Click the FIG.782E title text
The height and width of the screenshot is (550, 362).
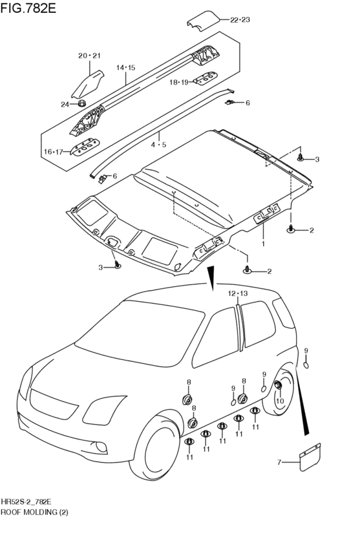(x=28, y=8)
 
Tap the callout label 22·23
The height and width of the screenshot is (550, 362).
(x=240, y=19)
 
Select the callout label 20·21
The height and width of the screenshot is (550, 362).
(x=89, y=56)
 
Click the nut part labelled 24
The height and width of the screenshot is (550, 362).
(x=82, y=103)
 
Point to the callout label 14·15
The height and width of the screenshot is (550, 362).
(x=126, y=68)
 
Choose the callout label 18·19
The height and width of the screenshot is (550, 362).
(x=179, y=83)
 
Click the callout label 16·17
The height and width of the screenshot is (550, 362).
(x=53, y=152)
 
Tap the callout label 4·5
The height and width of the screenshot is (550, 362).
(x=158, y=144)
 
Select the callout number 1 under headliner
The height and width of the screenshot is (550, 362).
(x=262, y=243)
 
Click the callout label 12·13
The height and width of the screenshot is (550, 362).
(x=238, y=293)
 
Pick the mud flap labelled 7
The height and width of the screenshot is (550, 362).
(x=311, y=457)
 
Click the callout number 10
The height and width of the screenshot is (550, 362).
(x=279, y=401)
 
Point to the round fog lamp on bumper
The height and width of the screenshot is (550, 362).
(x=101, y=447)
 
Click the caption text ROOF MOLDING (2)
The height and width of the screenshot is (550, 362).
(x=34, y=512)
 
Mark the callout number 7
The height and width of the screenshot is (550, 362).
(x=279, y=462)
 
